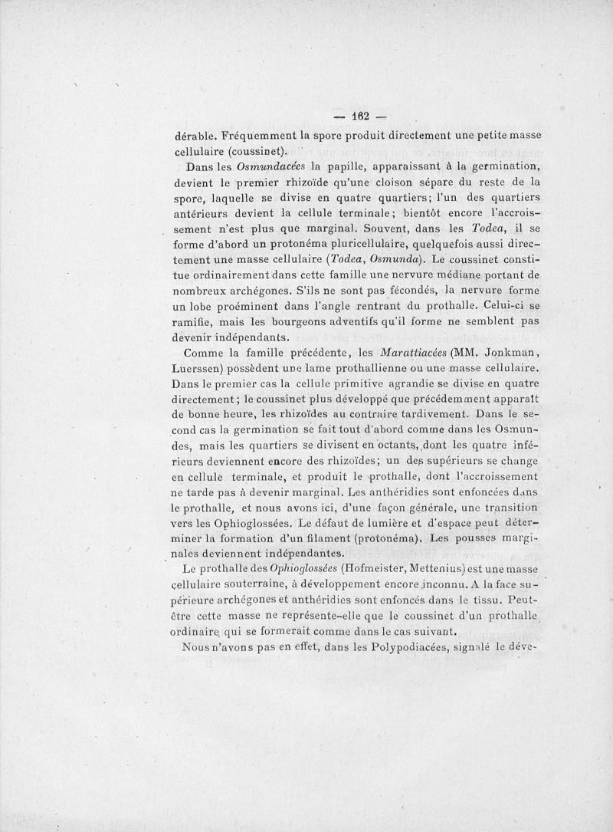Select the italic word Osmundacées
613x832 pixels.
tap(252, 167)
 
